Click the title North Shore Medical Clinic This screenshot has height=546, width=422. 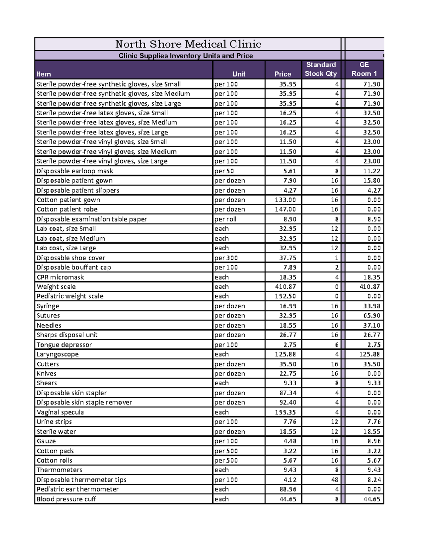click(188, 44)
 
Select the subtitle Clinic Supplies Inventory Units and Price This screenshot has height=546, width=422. click(186, 56)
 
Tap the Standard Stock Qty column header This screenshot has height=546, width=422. click(320, 69)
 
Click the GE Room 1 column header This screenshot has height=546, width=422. click(364, 69)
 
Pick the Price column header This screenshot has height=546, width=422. click(283, 74)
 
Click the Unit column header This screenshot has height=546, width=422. click(238, 74)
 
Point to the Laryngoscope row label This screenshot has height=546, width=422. click(58, 354)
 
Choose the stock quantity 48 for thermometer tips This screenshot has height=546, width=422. click(334, 480)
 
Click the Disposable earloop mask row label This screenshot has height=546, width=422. click(75, 171)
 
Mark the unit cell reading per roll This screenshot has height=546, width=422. click(225, 219)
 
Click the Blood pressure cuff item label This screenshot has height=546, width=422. click(66, 499)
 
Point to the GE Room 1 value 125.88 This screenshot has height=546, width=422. click(370, 354)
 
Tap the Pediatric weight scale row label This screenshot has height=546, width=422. click(70, 296)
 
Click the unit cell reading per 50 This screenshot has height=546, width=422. click(224, 171)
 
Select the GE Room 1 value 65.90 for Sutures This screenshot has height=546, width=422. click(372, 316)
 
